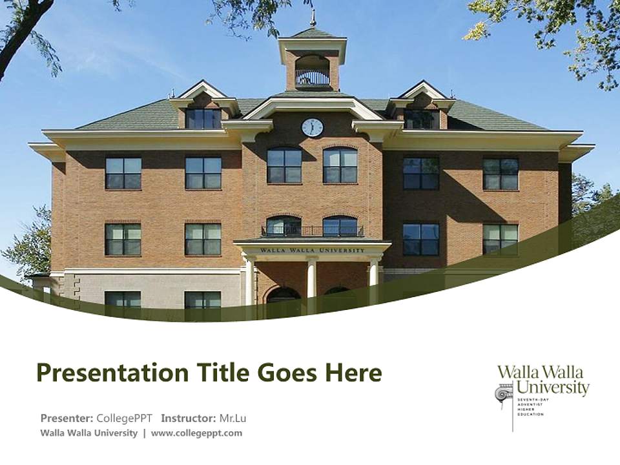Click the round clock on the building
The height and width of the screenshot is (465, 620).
tap(313, 127)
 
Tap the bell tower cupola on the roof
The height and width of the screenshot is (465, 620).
tap(313, 65)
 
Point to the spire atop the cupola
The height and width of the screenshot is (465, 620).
tap(313, 18)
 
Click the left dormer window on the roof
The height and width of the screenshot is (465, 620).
tap(203, 118)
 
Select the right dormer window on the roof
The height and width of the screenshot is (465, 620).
tap(420, 119)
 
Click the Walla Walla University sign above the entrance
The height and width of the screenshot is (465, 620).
tap(313, 250)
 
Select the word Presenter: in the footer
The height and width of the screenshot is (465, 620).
tap(67, 418)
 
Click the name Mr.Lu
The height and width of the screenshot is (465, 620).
tap(232, 418)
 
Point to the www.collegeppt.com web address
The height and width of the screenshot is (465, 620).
tap(196, 433)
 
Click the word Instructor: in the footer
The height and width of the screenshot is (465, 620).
tap(189, 418)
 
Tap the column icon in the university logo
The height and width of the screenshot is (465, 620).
tap(504, 394)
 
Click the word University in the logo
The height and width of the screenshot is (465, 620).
tap(553, 387)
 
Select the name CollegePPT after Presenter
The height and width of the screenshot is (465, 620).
tap(125, 418)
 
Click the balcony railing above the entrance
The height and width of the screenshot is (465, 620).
tap(313, 231)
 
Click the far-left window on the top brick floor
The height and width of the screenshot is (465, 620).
tap(123, 173)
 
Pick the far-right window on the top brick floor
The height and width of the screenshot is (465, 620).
tap(501, 174)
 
